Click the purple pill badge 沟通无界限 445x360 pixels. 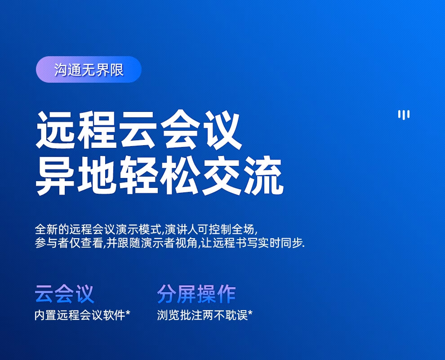(89, 70)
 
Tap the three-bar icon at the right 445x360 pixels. (404, 115)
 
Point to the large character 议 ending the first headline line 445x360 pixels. (221, 130)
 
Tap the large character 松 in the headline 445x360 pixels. (180, 175)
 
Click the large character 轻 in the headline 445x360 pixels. (138, 175)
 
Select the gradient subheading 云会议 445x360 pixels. (64, 294)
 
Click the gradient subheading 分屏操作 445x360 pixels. (196, 294)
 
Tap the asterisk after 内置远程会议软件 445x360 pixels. (128, 313)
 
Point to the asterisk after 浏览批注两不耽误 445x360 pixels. (250, 313)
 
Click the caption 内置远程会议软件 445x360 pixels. (80, 315)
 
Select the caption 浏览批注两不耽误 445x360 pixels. (202, 315)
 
